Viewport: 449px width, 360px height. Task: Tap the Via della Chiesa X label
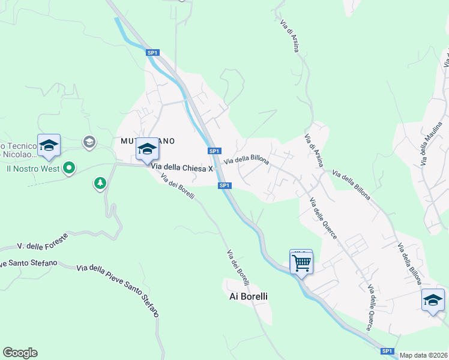tap(182, 169)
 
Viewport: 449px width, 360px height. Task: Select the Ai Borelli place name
tap(249, 296)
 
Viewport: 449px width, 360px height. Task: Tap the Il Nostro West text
tap(32, 169)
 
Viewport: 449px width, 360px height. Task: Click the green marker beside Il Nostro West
tap(69, 168)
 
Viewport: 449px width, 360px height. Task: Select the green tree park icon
tap(100, 183)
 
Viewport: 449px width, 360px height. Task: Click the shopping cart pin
tap(301, 262)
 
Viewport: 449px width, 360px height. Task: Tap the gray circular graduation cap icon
tap(89, 142)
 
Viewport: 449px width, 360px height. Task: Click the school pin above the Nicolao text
tap(49, 145)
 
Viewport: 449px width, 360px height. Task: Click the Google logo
tap(20, 353)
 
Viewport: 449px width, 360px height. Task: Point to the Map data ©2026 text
tap(424, 355)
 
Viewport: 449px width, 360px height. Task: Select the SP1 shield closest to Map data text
tap(387, 351)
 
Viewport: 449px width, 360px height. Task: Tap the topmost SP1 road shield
tap(152, 53)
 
